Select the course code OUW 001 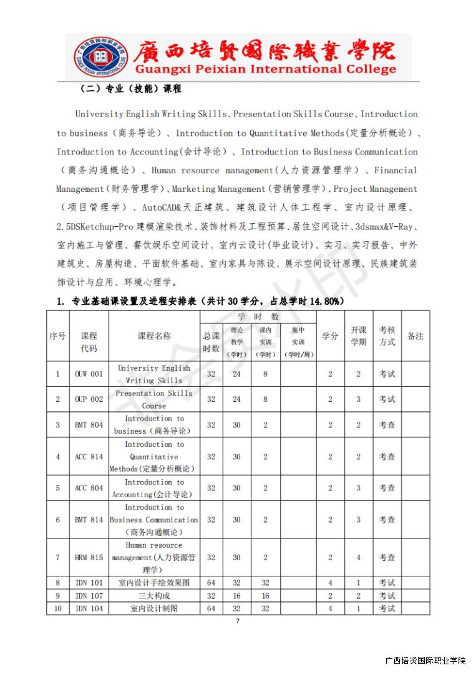(x=89, y=374)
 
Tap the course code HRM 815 (x=89, y=558)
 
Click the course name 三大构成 (x=154, y=596)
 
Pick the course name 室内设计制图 (x=154, y=608)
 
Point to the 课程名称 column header (x=154, y=336)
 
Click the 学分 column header (x=330, y=336)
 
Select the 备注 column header (x=415, y=336)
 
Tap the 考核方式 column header (x=387, y=336)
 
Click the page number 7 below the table (x=237, y=621)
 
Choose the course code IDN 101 (x=89, y=583)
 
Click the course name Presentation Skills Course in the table (x=154, y=399)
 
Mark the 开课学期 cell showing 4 (x=358, y=558)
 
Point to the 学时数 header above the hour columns (x=258, y=317)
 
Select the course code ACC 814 (x=89, y=457)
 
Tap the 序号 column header (x=57, y=336)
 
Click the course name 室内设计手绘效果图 (x=154, y=583)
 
